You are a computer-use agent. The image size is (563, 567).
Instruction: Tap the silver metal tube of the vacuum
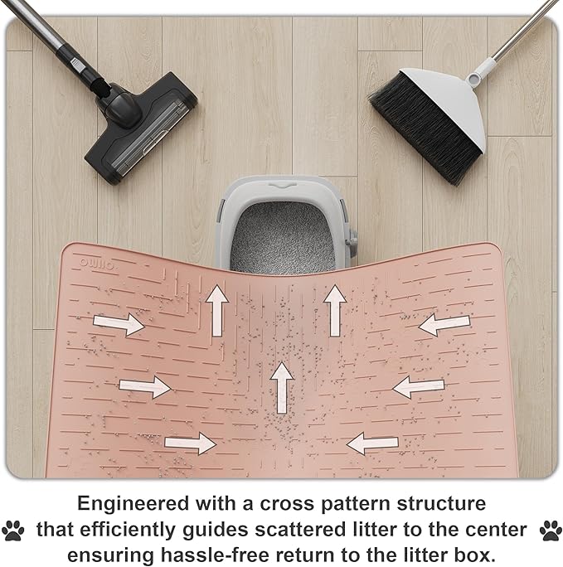tap(32, 22)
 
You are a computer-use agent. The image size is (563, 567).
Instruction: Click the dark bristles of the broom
tap(424, 128)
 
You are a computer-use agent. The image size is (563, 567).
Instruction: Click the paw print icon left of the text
tap(13, 531)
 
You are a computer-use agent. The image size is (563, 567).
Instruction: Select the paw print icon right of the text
tap(551, 531)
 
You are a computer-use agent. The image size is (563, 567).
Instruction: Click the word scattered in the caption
tap(300, 530)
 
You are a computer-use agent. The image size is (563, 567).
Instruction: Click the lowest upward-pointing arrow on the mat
tap(281, 388)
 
